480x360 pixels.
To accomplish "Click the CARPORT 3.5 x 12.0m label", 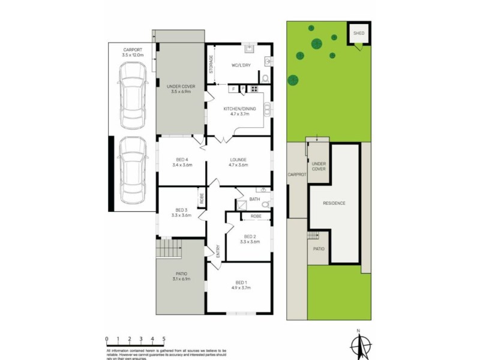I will [x=132, y=52].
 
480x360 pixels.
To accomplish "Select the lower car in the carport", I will [x=133, y=170].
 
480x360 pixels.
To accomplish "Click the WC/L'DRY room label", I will [x=241, y=65].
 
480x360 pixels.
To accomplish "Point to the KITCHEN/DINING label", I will [x=239, y=111].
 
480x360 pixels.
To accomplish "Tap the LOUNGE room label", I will [x=238, y=162].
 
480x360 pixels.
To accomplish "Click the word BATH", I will [x=254, y=199].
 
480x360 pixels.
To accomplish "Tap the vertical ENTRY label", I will [x=218, y=250].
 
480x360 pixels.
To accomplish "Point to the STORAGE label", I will [x=211, y=64].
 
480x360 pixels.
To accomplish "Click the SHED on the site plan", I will [x=359, y=34].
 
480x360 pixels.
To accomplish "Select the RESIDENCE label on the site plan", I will [x=334, y=203].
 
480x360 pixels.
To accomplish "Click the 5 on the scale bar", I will [x=163, y=338].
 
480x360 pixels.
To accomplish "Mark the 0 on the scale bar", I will [x=107, y=338].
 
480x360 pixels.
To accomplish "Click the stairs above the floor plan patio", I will [x=169, y=247].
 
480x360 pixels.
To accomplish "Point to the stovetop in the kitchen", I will [x=254, y=89].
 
